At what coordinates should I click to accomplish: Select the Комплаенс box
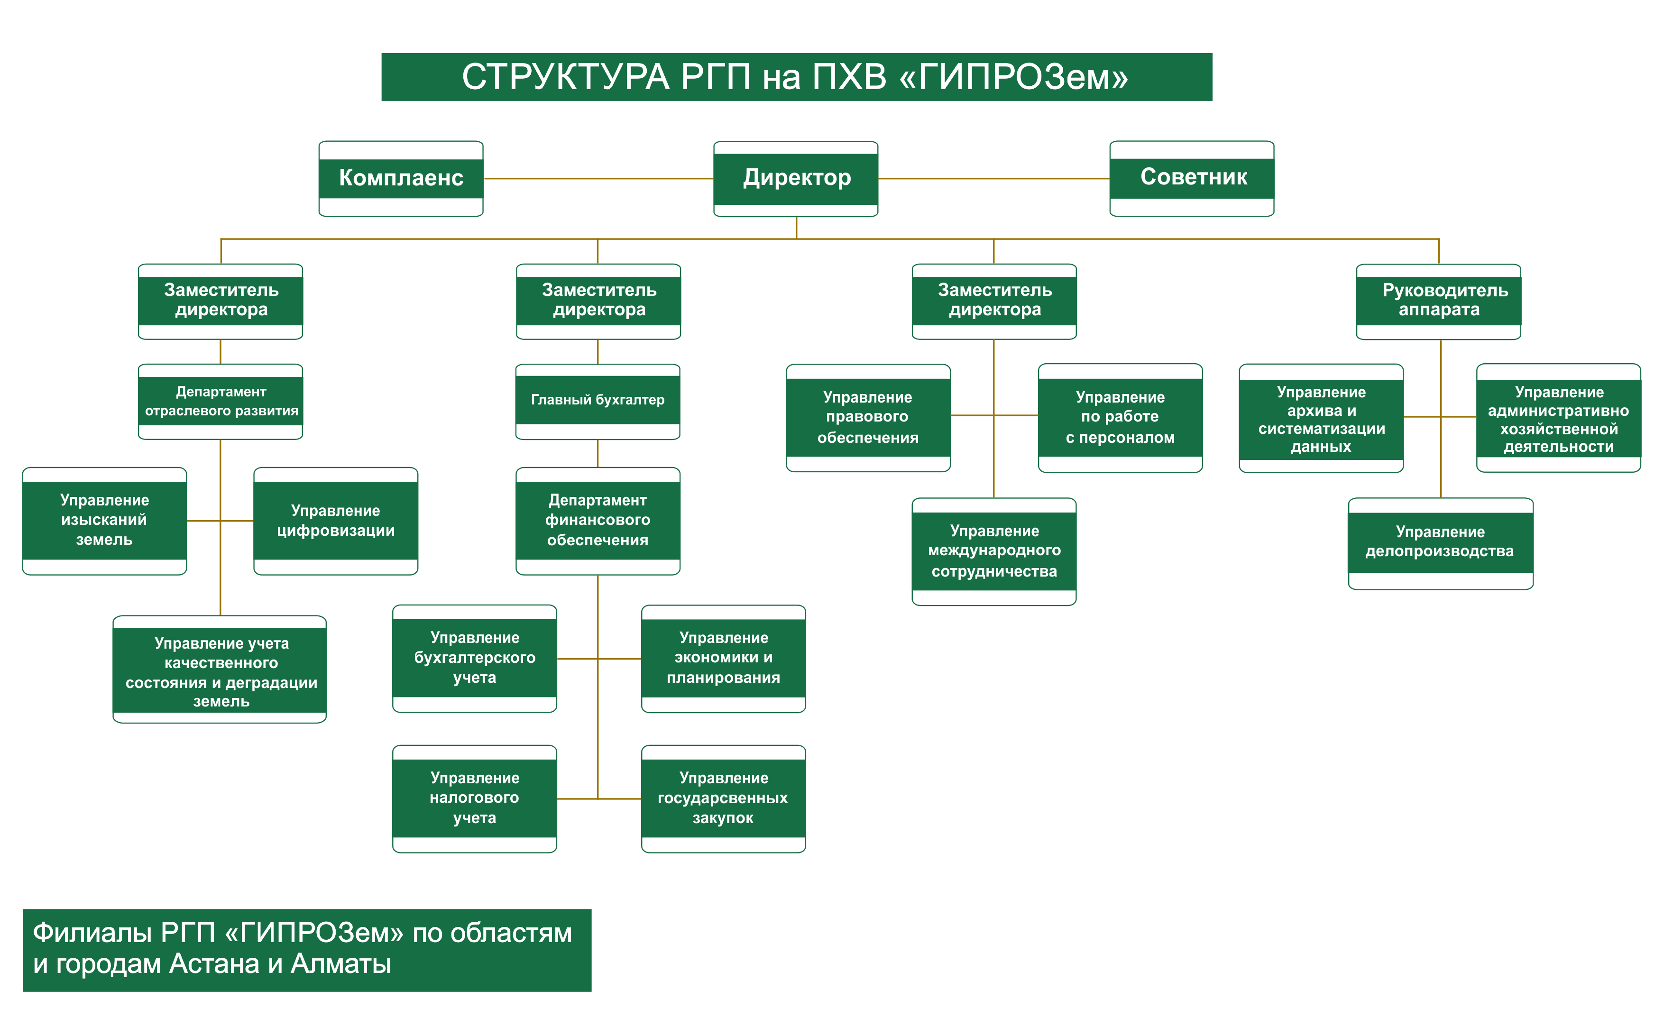(x=401, y=179)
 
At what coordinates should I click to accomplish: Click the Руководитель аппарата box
(x=1438, y=301)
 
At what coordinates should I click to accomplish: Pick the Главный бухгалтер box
(x=598, y=401)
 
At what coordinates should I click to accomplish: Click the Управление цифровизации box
(x=336, y=521)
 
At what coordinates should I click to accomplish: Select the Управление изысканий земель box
(x=105, y=521)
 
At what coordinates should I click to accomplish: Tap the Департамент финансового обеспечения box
(x=598, y=521)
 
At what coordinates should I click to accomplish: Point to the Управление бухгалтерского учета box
(x=474, y=658)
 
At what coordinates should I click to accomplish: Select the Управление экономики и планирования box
(x=723, y=658)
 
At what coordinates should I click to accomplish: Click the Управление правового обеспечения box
(x=868, y=418)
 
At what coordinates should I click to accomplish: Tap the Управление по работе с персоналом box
(x=1120, y=418)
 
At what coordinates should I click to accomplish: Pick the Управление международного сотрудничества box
(x=993, y=551)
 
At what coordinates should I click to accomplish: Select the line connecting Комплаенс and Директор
(x=598, y=179)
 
